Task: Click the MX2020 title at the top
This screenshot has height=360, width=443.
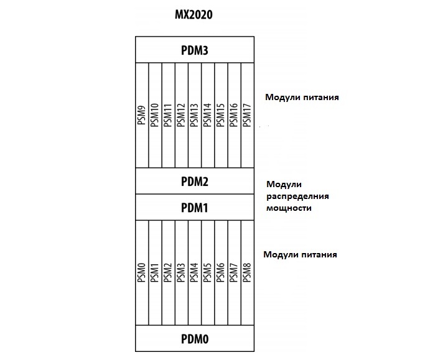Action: point(194,14)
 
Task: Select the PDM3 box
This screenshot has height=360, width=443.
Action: point(194,50)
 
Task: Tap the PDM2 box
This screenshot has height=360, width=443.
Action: point(194,182)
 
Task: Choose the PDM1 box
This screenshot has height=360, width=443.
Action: point(194,206)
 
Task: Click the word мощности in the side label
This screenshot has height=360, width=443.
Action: point(289,208)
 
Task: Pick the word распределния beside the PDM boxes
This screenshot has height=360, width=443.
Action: point(297,196)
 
